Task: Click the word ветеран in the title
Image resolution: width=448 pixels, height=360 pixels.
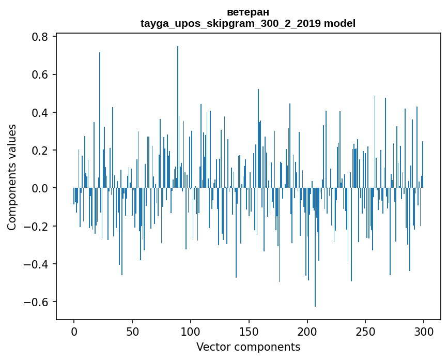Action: click(248, 12)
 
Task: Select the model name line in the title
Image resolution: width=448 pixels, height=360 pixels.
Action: click(248, 23)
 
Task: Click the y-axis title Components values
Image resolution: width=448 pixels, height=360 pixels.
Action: click(12, 177)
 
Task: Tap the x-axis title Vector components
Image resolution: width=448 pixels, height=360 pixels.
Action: click(248, 347)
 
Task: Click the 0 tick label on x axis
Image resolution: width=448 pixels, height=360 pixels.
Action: click(74, 331)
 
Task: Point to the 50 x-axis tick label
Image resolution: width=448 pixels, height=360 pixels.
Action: click(132, 331)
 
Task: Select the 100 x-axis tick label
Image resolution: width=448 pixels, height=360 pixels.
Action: click(191, 331)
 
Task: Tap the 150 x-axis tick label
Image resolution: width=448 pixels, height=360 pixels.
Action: click(249, 331)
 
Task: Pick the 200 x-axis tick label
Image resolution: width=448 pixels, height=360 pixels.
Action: click(307, 331)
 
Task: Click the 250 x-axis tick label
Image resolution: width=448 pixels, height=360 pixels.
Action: click(365, 331)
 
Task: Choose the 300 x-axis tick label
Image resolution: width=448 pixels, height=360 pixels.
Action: click(424, 331)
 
